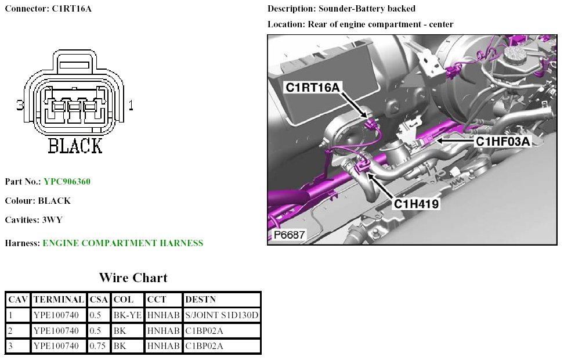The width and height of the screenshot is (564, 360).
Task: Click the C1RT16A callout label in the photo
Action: point(312,87)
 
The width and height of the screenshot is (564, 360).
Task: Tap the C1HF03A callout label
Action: point(503,141)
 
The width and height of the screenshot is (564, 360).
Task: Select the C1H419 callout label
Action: point(417,204)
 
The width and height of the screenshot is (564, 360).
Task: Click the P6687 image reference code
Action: point(289,236)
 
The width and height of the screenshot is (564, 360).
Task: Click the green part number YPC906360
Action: point(67,182)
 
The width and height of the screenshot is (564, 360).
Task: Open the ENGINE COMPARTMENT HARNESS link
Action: point(122,243)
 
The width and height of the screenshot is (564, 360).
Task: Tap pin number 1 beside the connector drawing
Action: point(131,106)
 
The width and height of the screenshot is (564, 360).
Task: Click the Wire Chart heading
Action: point(133,278)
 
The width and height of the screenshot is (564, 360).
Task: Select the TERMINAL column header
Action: point(59,300)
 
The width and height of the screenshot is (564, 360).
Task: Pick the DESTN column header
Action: point(200,300)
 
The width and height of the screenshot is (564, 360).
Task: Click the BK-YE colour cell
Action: point(127,315)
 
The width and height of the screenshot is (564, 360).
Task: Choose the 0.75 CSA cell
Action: point(99,346)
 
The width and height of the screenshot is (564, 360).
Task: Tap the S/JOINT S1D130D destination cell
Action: point(221,315)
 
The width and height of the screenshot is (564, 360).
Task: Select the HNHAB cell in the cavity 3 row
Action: point(163,346)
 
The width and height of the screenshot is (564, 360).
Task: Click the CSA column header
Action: point(99,300)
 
